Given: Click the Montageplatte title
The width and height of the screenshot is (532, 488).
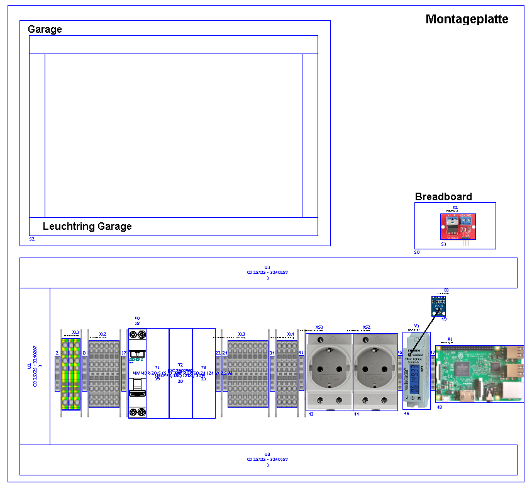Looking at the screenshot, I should pyautogui.click(x=467, y=20).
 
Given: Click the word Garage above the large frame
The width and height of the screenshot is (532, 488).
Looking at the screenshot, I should pyautogui.click(x=45, y=30).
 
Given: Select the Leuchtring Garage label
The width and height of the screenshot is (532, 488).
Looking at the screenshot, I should pyautogui.click(x=87, y=227).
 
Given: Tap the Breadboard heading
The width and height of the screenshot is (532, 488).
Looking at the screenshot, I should pyautogui.click(x=443, y=197).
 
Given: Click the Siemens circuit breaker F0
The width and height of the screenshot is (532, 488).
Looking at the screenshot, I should pyautogui.click(x=138, y=373).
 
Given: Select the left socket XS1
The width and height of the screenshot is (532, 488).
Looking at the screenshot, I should pyautogui.click(x=329, y=372).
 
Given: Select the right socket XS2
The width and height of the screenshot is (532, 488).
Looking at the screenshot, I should pyautogui.click(x=375, y=372).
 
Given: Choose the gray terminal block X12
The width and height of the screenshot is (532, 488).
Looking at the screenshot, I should pyautogui.click(x=104, y=374).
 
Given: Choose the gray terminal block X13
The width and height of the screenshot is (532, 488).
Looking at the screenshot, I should pyautogui.click(x=247, y=374).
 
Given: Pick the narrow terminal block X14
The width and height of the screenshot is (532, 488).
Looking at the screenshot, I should pyautogui.click(x=287, y=374).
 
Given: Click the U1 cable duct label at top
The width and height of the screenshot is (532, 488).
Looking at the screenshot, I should pyautogui.click(x=267, y=270).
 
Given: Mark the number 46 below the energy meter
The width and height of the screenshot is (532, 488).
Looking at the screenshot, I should pyautogui.click(x=406, y=414).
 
